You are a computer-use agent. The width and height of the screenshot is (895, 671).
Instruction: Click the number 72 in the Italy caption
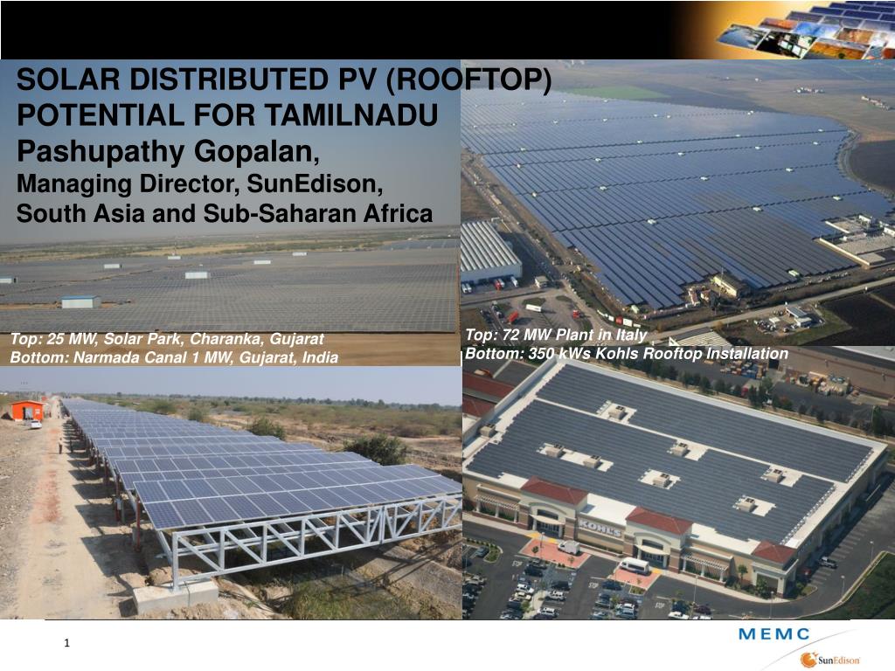point(517,335)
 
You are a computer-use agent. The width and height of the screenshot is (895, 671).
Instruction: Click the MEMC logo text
point(774,634)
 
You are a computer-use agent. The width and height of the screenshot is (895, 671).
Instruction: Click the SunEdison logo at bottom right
point(831,660)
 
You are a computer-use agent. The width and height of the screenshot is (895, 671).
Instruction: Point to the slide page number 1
point(67,645)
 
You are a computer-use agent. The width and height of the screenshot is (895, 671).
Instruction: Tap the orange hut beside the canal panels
point(28,410)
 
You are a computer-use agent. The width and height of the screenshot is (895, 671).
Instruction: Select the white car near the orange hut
point(35,425)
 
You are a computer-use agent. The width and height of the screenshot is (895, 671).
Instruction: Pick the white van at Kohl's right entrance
point(635,566)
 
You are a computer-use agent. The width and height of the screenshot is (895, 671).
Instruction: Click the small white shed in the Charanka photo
point(80,301)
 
